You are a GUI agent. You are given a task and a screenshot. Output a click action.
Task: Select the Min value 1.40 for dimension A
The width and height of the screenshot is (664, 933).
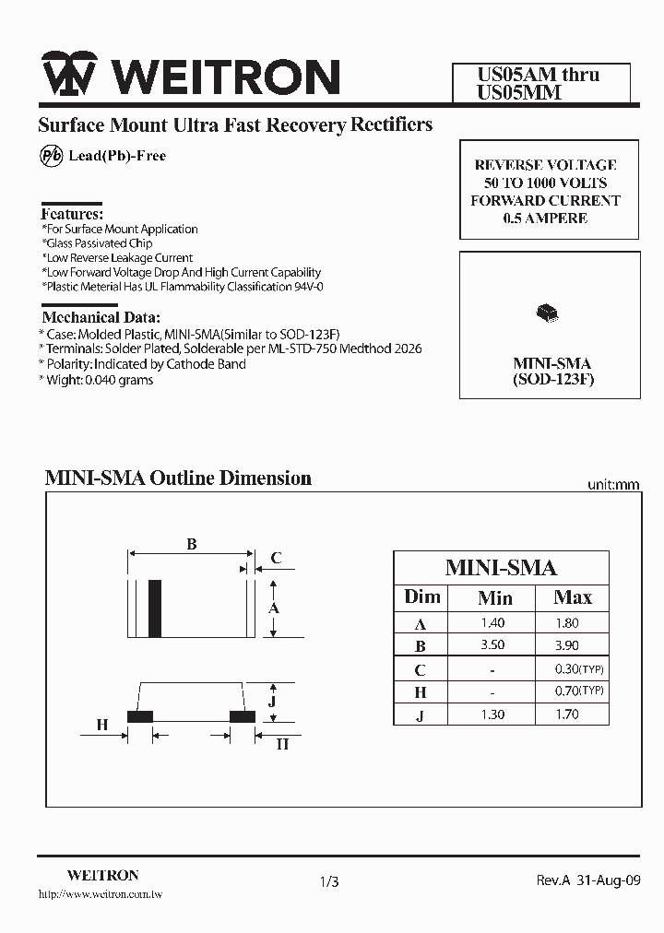[x=493, y=623]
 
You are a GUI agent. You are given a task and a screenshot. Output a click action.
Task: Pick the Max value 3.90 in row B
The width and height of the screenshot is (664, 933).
[x=567, y=646]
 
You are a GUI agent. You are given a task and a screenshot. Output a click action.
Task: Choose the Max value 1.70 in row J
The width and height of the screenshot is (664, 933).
[x=567, y=715]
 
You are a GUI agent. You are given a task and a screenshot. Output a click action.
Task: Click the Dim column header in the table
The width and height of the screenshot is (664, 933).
[x=422, y=596]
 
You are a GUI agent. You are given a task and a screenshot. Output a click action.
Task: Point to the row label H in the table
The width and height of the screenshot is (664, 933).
[x=421, y=692]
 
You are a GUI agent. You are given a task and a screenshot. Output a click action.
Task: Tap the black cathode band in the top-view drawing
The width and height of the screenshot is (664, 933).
[x=155, y=608]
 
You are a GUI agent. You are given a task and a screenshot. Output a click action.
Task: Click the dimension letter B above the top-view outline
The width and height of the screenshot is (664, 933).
[x=192, y=545]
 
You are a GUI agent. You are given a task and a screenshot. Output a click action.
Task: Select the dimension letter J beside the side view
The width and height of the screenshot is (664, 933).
[x=273, y=701]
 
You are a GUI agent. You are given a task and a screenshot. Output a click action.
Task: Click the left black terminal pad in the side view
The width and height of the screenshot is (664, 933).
[x=140, y=715]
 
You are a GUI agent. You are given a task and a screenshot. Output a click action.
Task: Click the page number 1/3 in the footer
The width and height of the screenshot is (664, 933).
[x=329, y=882]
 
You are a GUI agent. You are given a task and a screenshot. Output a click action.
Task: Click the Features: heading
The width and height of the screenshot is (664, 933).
[x=73, y=213]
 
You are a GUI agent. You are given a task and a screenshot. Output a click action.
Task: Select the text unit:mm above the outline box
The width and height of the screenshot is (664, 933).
[x=613, y=485]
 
